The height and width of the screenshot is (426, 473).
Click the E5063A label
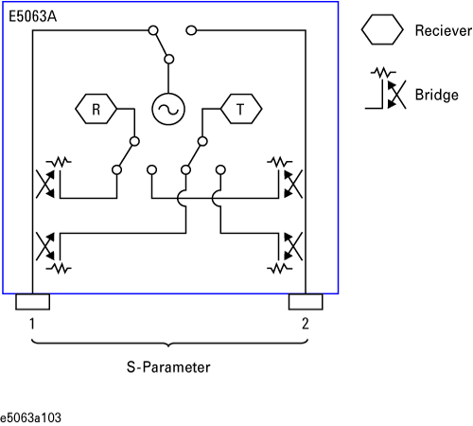32,16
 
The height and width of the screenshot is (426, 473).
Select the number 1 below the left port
32,324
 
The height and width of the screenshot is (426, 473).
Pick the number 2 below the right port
306,324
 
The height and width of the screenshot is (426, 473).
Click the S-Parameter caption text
168,367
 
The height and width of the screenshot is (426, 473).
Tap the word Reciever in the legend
444,30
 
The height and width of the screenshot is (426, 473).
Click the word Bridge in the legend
437,95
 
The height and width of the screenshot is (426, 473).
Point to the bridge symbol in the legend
385,88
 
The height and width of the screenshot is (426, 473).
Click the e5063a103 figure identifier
30,417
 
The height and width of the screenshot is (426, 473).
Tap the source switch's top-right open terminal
191,30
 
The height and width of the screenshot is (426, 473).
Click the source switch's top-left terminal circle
153,30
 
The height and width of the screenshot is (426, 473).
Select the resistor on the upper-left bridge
59,162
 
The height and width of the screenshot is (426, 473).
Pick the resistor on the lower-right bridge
280,269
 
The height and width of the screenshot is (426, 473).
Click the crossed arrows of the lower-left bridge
45,246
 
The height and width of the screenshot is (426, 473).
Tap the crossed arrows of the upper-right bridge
293,184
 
